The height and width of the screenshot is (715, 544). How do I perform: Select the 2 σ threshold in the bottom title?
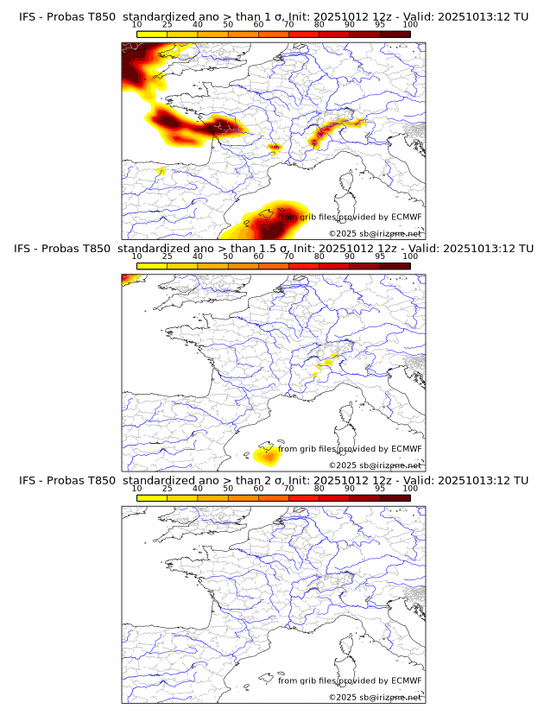point(274,480)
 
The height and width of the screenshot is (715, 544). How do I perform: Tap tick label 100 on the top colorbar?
point(410,24)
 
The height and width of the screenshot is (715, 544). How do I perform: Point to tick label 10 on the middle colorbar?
point(136,256)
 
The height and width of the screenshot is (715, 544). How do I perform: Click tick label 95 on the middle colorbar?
point(380,256)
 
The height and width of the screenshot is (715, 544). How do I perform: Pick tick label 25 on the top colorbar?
point(167,24)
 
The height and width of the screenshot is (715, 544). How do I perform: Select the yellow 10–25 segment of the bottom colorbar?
point(152,497)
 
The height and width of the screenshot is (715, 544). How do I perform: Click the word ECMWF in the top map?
point(406,218)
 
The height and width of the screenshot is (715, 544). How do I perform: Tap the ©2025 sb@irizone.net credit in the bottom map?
point(375,697)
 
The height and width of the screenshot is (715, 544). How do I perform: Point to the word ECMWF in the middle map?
point(406,449)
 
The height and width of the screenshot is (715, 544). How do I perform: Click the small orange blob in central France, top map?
point(275,148)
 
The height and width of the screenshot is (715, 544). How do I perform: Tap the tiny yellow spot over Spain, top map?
point(161,172)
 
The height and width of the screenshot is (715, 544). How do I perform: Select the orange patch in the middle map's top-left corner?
point(126,278)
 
